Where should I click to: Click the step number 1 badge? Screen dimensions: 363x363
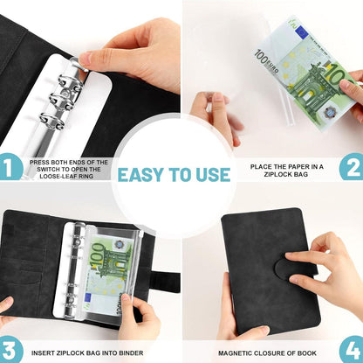(x=10, y=167)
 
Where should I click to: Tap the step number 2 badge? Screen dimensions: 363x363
(x=352, y=167)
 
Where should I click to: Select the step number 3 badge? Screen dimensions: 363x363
(x=10, y=349)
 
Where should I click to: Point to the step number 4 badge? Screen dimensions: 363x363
(x=352, y=349)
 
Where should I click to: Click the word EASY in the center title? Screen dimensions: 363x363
(x=140, y=175)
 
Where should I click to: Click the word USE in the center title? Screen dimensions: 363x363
(x=213, y=175)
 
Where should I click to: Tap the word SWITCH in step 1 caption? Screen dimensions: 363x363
(x=49, y=169)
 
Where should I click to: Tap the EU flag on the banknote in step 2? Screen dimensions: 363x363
(x=301, y=31)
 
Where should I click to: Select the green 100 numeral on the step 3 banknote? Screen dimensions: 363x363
(x=98, y=255)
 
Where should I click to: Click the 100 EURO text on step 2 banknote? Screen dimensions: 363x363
(x=266, y=61)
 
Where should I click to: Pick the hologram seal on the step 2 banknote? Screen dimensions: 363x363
(x=330, y=112)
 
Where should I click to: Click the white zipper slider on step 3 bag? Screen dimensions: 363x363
(x=141, y=234)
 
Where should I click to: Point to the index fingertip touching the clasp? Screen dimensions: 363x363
(x=291, y=255)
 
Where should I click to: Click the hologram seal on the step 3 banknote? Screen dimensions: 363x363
(x=119, y=244)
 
